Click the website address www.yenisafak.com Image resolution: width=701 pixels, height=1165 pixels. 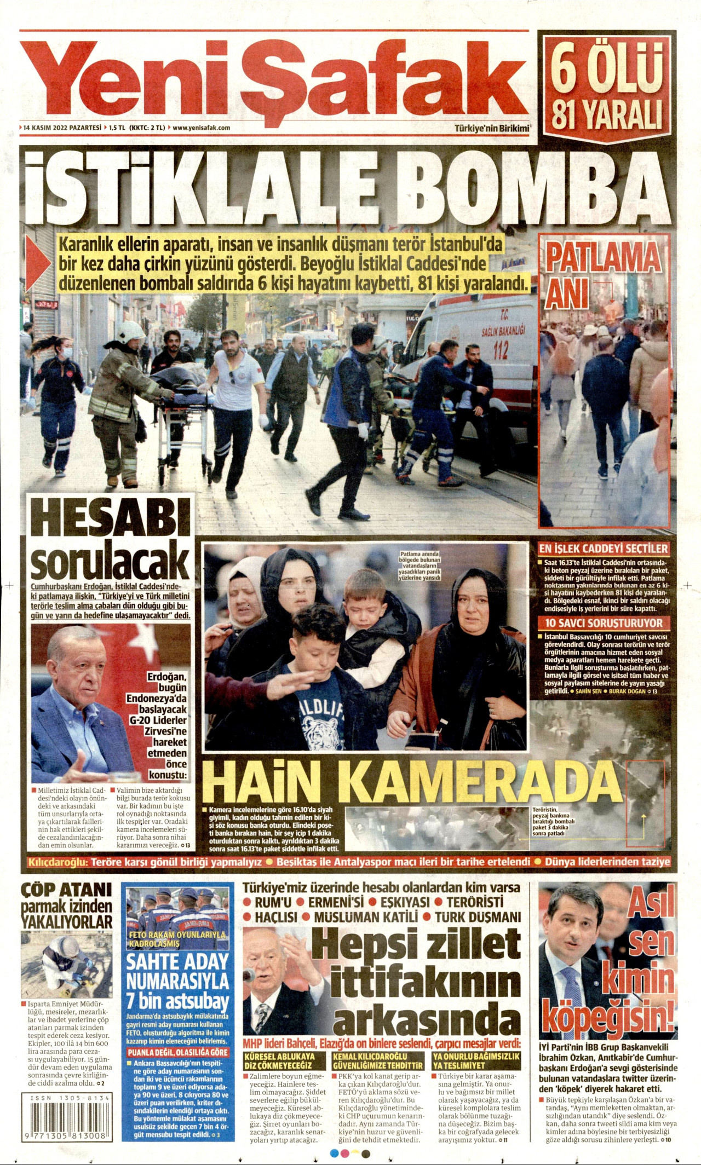tap(201, 128)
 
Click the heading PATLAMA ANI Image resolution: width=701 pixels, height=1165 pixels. tap(602, 274)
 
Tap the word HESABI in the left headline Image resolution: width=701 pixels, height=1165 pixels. tap(110, 521)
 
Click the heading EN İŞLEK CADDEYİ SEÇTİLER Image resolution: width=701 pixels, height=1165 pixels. tap(604, 549)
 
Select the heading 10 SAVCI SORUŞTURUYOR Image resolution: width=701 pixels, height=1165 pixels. tap(604, 623)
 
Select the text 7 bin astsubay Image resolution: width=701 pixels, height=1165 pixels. tap(177, 1001)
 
